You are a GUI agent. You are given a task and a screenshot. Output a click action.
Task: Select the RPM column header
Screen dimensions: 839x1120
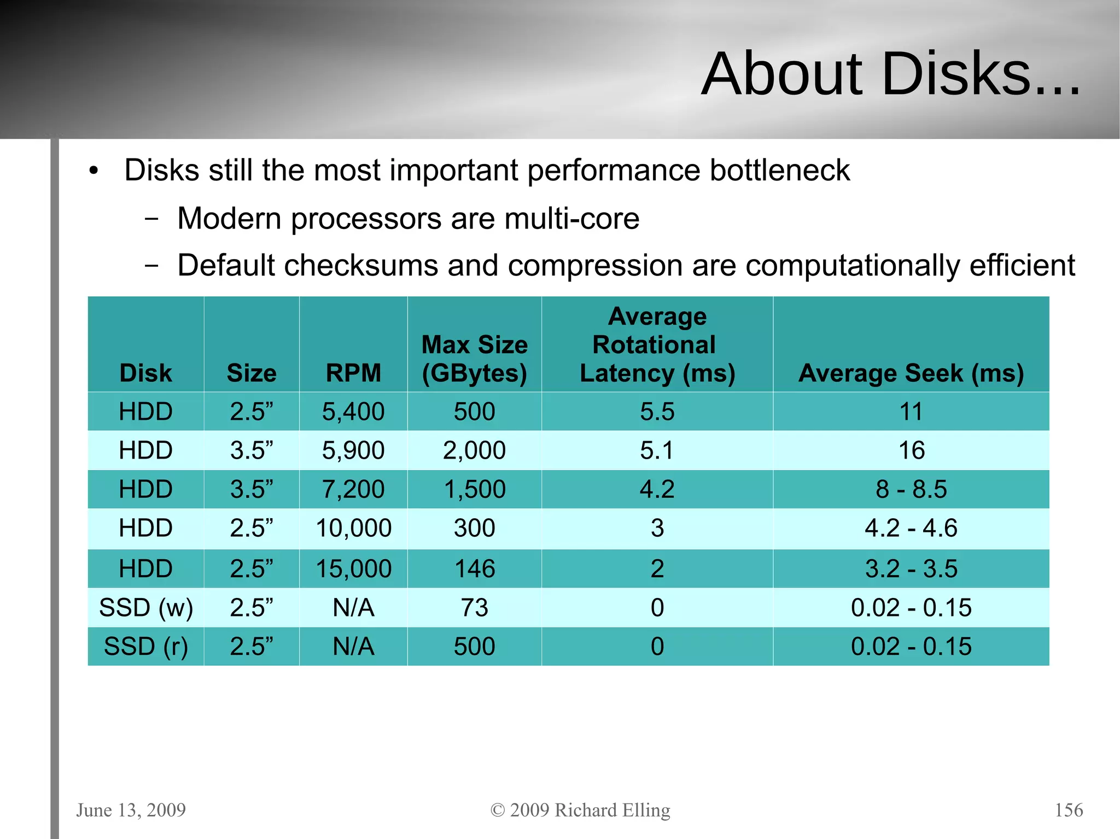click(353, 373)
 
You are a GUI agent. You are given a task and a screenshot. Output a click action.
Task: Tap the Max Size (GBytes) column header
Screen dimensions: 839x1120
click(474, 359)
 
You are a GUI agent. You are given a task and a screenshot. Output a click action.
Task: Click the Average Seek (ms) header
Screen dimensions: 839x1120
click(911, 373)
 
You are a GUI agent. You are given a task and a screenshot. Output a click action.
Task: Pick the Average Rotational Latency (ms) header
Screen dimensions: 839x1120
click(657, 345)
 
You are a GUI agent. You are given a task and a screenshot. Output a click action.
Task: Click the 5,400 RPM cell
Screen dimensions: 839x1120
click(353, 412)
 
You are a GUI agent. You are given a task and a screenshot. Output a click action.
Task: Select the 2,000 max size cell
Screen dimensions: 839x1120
click(474, 450)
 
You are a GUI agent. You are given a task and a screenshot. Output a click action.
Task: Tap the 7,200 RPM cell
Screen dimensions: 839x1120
click(353, 489)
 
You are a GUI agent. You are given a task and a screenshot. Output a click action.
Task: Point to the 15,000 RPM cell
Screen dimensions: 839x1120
click(353, 569)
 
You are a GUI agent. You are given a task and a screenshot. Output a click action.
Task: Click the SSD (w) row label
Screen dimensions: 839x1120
click(146, 608)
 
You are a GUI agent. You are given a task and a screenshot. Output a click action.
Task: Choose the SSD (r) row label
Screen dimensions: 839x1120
click(146, 647)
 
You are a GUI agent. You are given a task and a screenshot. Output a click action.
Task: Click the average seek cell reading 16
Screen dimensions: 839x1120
click(911, 450)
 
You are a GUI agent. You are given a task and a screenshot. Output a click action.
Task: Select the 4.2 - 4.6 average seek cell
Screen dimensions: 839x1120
click(911, 528)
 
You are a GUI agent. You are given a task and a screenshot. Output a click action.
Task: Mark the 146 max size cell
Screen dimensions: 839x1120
click(474, 569)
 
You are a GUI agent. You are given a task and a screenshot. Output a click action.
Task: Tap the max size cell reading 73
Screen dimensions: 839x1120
click(474, 608)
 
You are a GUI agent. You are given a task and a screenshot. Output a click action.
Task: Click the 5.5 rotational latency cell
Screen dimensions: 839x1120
click(657, 412)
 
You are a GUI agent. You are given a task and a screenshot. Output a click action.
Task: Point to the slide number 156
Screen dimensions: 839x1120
click(1069, 809)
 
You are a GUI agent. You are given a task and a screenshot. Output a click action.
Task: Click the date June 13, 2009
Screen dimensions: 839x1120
click(131, 809)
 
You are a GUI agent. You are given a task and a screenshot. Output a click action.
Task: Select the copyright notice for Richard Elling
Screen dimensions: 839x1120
click(580, 809)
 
